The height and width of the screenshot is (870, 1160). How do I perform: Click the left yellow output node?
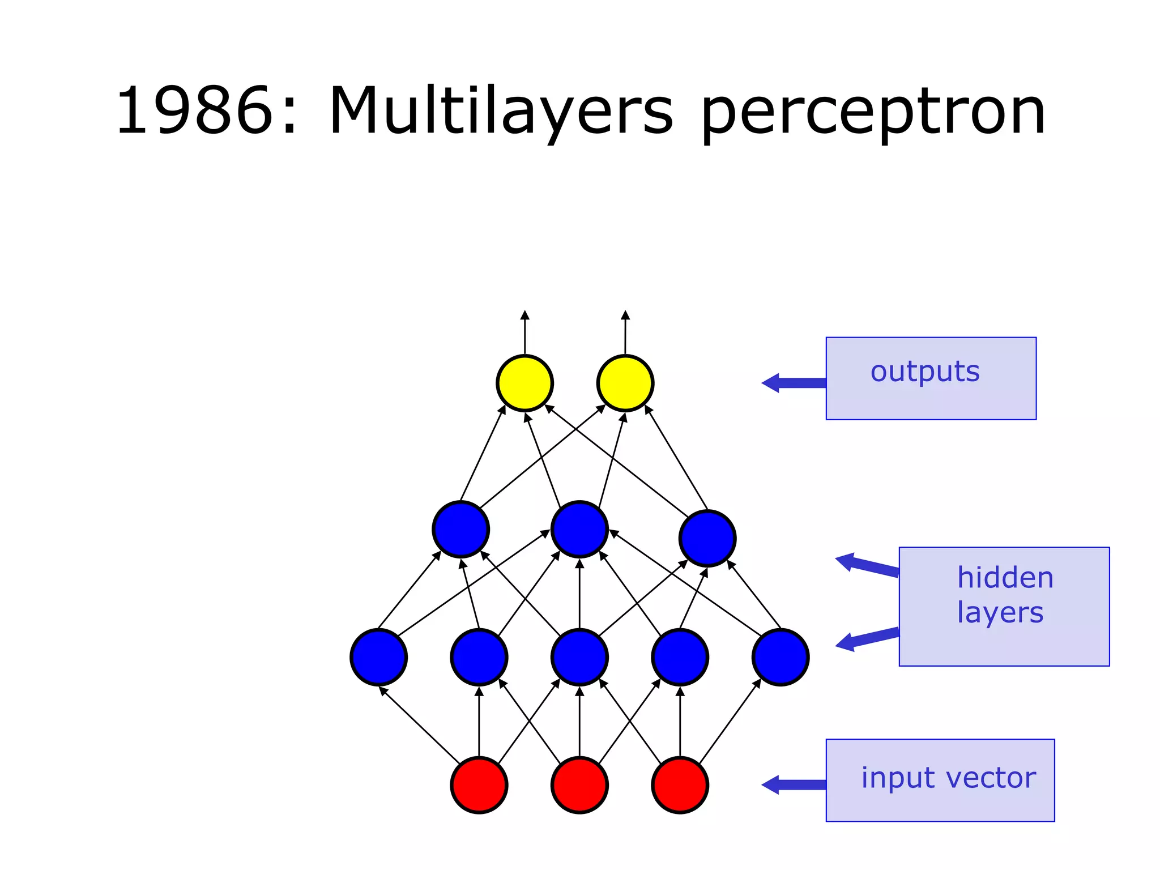click(524, 383)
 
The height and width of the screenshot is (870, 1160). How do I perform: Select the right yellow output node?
click(625, 383)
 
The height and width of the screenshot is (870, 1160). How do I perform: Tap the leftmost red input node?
click(479, 785)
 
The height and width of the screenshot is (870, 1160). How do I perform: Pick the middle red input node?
click(579, 785)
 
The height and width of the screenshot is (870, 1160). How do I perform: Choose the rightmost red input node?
click(680, 785)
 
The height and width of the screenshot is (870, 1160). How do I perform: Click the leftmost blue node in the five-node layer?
click(378, 657)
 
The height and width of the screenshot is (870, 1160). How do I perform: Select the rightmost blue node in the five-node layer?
click(781, 657)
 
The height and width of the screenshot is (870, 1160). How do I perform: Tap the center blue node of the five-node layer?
click(579, 657)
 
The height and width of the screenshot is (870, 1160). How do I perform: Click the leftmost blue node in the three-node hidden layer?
click(460, 529)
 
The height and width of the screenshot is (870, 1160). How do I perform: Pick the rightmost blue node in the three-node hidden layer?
click(707, 538)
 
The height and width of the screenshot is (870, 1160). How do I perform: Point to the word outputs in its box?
click(925, 372)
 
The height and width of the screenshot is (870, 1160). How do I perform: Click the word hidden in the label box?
click(1005, 578)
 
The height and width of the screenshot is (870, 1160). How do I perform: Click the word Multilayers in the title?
click(501, 112)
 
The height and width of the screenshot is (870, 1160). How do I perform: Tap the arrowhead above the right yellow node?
click(625, 315)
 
